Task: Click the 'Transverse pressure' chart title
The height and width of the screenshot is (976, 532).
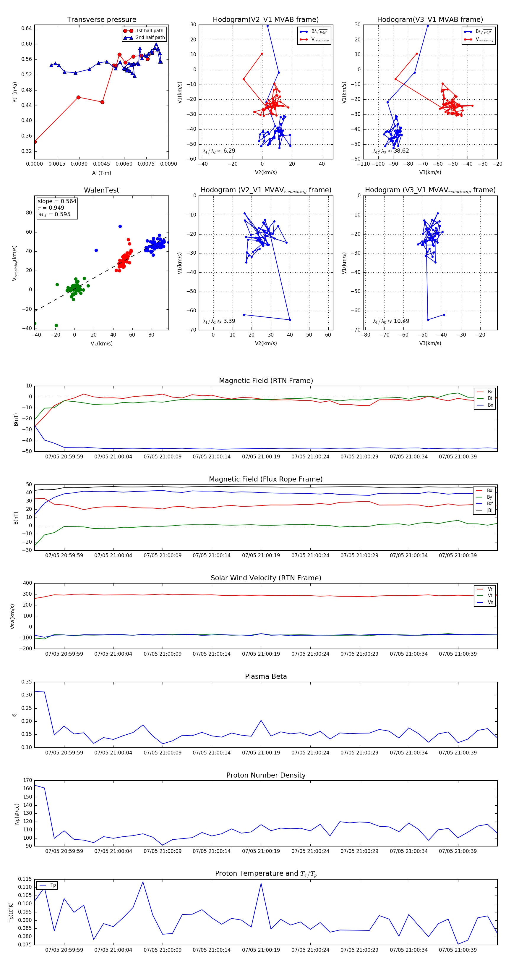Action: (101, 20)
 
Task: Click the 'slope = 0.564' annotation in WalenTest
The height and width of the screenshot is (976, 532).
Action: (57, 201)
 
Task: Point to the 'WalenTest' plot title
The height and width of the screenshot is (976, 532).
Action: (101, 190)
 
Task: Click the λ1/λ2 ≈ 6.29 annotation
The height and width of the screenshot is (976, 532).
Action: (219, 151)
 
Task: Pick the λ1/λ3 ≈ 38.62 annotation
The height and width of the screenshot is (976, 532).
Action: (391, 151)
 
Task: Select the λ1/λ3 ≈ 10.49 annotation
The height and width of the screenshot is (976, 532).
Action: (391, 321)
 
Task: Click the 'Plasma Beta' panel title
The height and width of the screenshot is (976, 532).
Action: (266, 677)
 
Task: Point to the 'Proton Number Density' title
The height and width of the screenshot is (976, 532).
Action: (266, 775)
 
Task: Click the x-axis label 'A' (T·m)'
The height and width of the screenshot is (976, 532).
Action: (101, 173)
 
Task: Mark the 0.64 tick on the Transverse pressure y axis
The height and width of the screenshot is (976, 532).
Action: (27, 28)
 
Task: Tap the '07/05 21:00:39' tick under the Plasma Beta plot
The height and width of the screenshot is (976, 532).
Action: (458, 752)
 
